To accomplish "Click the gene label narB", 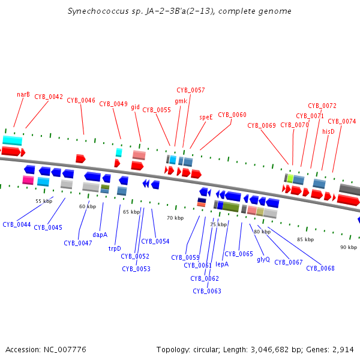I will pos(23,94).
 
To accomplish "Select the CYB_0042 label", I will pos(49,97).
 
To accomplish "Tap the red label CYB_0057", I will pos(190,90).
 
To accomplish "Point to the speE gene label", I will pos(206,118).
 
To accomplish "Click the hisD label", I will pos(328,131).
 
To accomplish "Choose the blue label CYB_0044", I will pos(17,224).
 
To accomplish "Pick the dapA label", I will pos(100,235).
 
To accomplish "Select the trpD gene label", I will pos(115,248).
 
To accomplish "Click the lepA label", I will pos(222,263).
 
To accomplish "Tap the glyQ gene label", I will pos(263,260).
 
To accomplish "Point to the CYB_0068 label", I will pos(320,268).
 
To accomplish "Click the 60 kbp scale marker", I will pos(88,206).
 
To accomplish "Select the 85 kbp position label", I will pos(305,239).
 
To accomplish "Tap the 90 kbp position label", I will pos(348,247).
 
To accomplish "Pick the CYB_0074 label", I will pos(341,122).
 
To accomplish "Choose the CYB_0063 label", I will pos(207,291).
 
